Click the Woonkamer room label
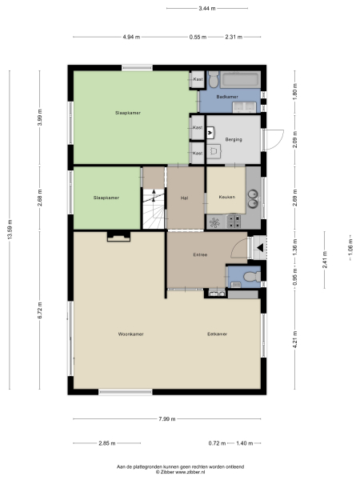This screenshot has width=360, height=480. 130,333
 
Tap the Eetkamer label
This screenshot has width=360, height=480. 218,333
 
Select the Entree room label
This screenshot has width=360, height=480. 200,255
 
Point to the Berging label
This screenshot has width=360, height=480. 234,139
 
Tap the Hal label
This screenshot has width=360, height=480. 183,197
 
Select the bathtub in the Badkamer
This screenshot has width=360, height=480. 239,80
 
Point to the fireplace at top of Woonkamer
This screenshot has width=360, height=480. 118,235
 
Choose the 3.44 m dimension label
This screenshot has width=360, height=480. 206,8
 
